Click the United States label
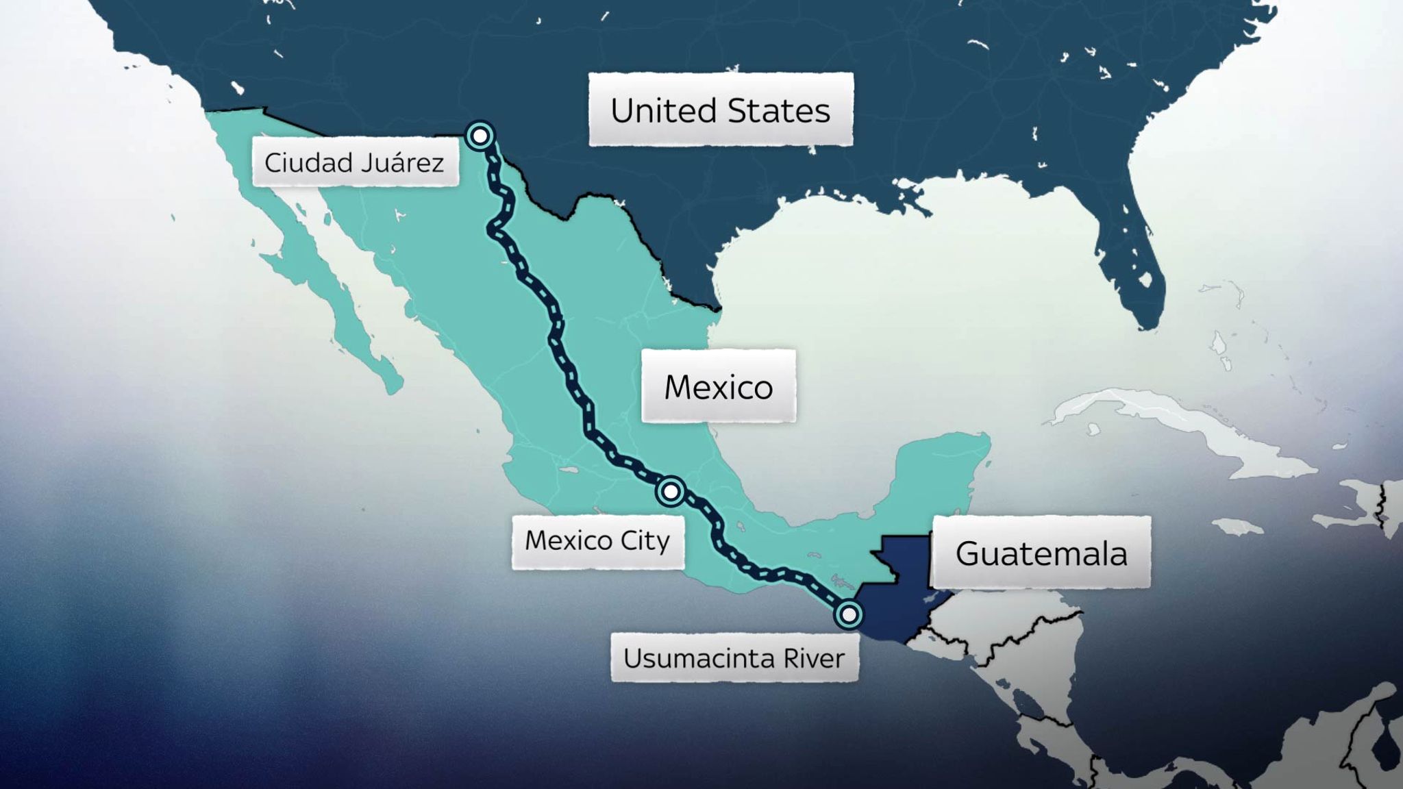(x=721, y=110)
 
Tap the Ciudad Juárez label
(x=354, y=163)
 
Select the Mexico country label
(x=718, y=387)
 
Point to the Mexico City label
(x=597, y=541)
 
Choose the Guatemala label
(x=1041, y=553)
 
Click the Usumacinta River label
(x=734, y=658)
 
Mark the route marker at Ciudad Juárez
(x=480, y=136)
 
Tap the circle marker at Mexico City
(x=671, y=491)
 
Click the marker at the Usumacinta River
(x=849, y=614)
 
